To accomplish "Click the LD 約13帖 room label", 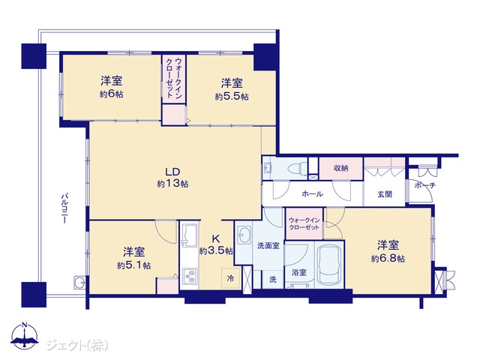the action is (172, 177).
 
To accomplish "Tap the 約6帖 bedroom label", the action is (112, 87).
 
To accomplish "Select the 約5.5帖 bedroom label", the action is (232, 89).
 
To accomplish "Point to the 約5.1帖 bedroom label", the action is (133, 258).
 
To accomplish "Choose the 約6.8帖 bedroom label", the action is (388, 252).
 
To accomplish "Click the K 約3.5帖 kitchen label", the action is (216, 245).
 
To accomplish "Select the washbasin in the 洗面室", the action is (244, 235).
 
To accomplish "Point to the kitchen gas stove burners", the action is (190, 276).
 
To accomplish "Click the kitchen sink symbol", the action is (190, 235).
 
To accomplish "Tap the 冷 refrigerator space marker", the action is (230, 278).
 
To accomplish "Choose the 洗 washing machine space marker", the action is (273, 279).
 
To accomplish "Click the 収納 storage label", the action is (340, 168).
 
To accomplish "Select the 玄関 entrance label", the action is (385, 194).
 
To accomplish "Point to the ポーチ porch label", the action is (425, 185).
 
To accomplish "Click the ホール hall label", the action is (312, 193).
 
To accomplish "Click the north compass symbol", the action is (25, 335).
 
